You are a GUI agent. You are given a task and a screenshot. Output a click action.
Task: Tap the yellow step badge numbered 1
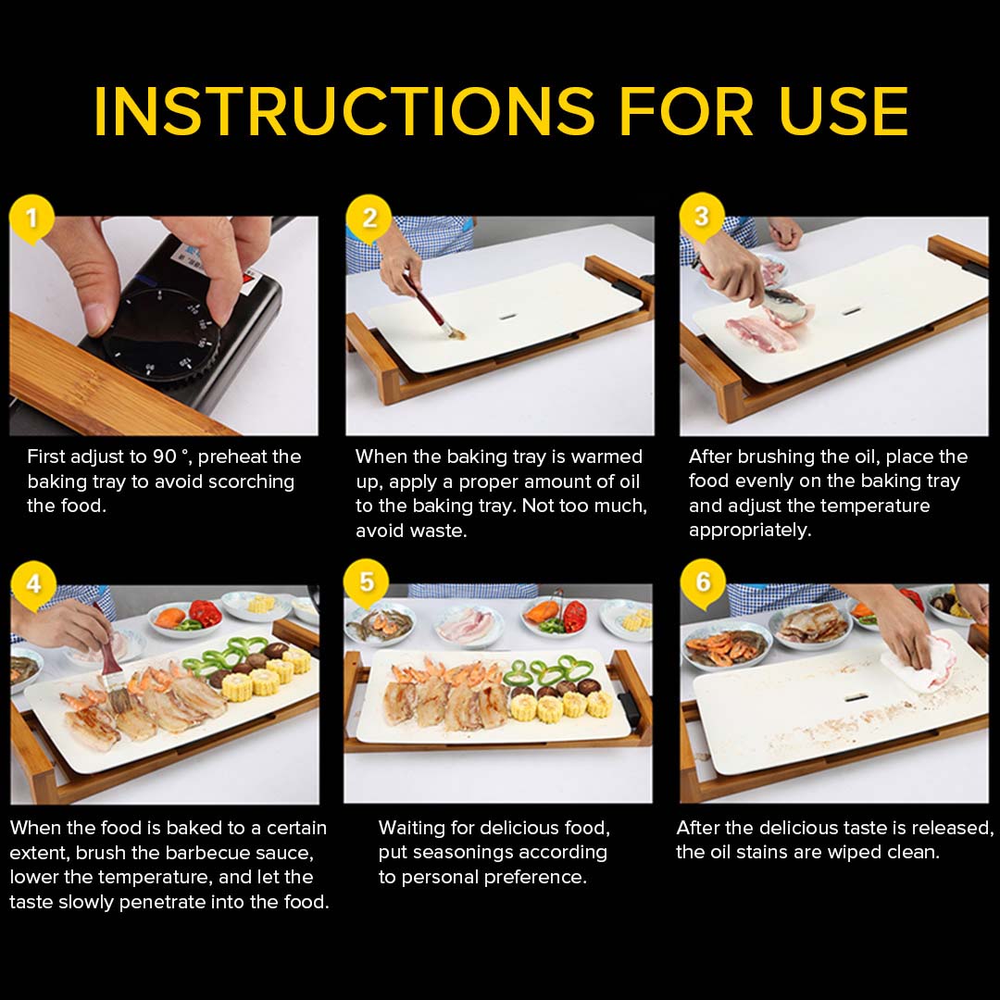[32, 219]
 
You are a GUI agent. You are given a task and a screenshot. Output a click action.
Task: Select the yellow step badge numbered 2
[369, 219]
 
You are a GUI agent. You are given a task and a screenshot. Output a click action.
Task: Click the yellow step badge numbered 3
[701, 217]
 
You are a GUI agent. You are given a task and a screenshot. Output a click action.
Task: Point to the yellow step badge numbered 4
[32, 584]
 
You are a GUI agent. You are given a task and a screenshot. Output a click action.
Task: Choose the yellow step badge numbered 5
[367, 582]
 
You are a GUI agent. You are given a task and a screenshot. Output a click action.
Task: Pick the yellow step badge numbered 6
[703, 582]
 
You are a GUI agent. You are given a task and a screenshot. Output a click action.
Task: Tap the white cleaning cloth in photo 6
[921, 662]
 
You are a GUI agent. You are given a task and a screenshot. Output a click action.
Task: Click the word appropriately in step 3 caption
[749, 531]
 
